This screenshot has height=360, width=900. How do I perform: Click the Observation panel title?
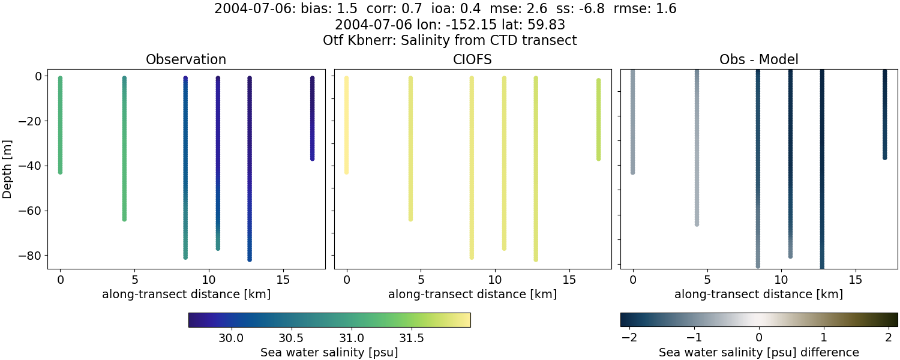186,59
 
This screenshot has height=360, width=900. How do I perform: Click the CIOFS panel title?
472,59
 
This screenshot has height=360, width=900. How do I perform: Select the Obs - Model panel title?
758,59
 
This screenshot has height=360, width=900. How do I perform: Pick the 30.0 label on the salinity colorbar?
231,338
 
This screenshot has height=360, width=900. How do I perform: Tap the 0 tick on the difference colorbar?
759,338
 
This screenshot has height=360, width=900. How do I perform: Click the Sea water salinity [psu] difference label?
759,352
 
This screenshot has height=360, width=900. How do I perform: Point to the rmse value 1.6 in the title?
667,9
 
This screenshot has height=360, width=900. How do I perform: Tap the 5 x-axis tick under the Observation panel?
134,280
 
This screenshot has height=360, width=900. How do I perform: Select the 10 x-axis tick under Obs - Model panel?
781,280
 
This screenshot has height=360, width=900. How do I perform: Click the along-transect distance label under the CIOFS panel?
472,295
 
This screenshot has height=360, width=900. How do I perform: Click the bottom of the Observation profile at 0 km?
60,172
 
